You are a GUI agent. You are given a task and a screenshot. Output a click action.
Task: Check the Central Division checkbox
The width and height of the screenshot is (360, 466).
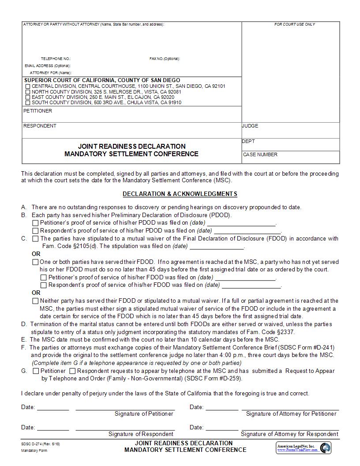click(28, 86)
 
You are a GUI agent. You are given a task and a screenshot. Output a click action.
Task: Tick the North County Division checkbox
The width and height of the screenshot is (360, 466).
click(28, 92)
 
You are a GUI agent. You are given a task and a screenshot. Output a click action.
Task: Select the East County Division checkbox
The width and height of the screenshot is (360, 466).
click(28, 97)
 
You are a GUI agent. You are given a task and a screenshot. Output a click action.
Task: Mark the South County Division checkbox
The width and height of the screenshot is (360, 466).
click(28, 103)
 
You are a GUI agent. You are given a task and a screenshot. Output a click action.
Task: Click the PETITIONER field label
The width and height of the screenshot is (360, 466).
click(37, 111)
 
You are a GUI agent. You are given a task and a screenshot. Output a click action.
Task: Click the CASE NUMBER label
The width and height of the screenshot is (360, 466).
click(260, 154)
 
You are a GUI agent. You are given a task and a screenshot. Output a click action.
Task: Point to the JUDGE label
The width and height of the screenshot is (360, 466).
click(250, 126)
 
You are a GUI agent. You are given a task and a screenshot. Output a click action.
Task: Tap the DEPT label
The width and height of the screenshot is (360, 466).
click(248, 141)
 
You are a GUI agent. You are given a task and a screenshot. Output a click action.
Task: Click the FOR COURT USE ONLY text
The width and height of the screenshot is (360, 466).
click(295, 24)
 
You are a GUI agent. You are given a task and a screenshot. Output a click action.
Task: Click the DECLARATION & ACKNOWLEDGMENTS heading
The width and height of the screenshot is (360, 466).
click(180, 194)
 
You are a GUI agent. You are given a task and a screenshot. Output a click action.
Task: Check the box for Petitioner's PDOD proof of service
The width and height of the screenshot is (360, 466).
click(35, 223)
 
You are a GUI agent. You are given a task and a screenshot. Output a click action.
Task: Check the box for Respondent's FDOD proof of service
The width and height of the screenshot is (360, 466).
click(43, 286)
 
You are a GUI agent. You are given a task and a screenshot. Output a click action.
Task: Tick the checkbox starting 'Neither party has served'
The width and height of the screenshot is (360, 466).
click(35, 301)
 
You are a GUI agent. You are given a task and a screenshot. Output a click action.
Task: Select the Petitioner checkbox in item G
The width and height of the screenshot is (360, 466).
click(36, 371)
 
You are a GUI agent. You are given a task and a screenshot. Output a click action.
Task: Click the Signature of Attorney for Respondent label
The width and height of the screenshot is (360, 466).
click(289, 434)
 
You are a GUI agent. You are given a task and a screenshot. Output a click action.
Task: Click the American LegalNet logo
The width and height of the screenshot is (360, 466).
click(304, 448)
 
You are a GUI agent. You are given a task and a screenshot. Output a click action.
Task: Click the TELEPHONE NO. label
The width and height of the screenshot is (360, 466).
click(56, 59)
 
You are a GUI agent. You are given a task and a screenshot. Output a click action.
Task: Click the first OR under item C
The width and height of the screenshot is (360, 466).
click(36, 254)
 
